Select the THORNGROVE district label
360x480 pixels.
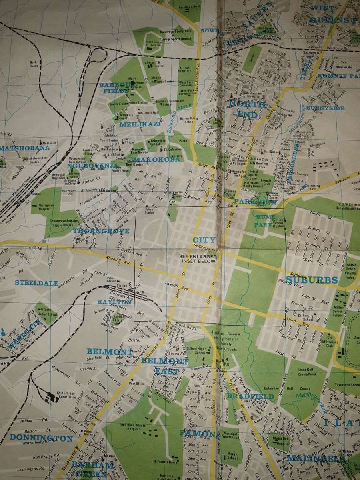pos(101,231)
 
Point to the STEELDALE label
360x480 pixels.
pos(34,282)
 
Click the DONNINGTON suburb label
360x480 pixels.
pos(42,438)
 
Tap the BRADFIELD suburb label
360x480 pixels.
pos(250,396)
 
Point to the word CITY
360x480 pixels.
pos(204,240)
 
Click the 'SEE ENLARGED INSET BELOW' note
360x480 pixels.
pos(198,258)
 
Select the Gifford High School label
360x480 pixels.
pos(196,350)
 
